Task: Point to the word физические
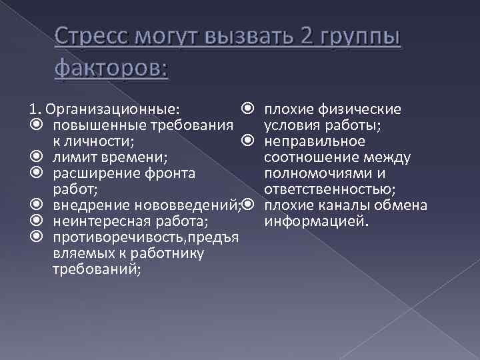(363, 109)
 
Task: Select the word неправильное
(315, 141)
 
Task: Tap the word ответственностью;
(329, 189)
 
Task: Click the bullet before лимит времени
(36, 158)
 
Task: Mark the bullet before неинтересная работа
(36, 222)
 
